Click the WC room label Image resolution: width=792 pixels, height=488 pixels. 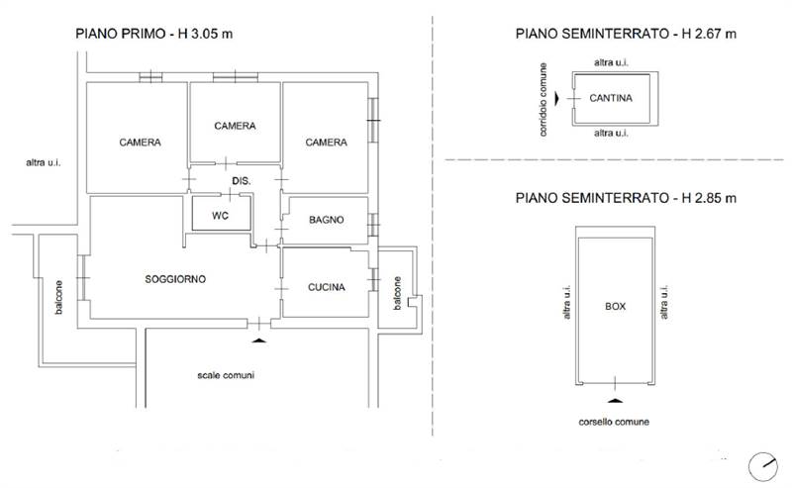point(220,216)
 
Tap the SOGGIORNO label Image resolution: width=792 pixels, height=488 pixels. point(175,279)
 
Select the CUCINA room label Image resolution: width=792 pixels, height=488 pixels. point(327,287)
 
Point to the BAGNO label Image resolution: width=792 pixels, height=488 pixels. point(327,220)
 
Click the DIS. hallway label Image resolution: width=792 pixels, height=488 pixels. point(242,181)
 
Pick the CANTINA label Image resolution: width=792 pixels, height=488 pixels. point(611,98)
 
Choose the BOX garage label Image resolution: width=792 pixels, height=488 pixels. point(615,306)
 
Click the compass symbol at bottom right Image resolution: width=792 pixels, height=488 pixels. point(762,466)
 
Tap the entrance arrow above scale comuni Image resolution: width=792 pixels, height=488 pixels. point(258,341)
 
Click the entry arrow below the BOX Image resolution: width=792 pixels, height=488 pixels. point(615,401)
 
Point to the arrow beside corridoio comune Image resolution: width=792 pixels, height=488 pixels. point(557,99)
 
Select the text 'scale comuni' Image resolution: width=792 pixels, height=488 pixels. point(226,375)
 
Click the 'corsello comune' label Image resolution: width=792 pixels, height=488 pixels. point(614,422)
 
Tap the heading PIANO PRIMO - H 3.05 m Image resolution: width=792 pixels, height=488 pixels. point(154,34)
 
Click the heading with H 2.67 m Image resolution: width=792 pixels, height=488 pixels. point(626,34)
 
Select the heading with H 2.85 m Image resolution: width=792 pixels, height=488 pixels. point(626,198)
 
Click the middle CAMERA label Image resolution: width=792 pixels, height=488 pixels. point(235,126)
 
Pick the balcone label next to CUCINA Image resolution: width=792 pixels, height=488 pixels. point(398,293)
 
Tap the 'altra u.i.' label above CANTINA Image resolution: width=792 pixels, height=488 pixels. point(611,62)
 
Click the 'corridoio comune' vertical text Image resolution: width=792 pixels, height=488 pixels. point(543,100)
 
